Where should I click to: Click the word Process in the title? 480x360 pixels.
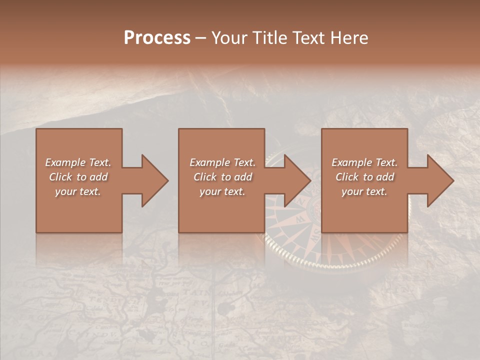coord(157,38)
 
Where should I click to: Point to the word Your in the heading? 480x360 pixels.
coord(229,38)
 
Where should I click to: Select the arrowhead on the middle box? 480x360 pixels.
coord(297,180)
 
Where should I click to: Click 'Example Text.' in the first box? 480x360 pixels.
coord(78,162)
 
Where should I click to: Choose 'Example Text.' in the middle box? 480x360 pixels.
coord(222,162)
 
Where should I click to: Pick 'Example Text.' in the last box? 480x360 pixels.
coord(364,162)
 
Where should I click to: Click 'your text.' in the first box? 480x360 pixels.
coord(78,191)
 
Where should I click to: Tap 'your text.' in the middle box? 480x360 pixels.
coord(222,191)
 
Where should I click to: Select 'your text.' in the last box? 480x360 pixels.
coord(364,191)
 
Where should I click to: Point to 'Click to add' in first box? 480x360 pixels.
coord(78,177)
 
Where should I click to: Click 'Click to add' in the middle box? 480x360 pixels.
coord(222,177)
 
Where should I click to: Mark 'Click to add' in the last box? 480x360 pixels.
coord(364,177)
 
